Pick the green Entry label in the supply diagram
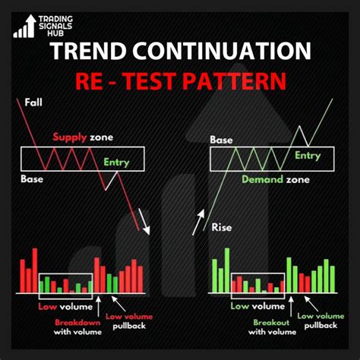tap(115, 162)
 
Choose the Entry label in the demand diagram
tap(308, 156)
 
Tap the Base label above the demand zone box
tap(221, 140)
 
